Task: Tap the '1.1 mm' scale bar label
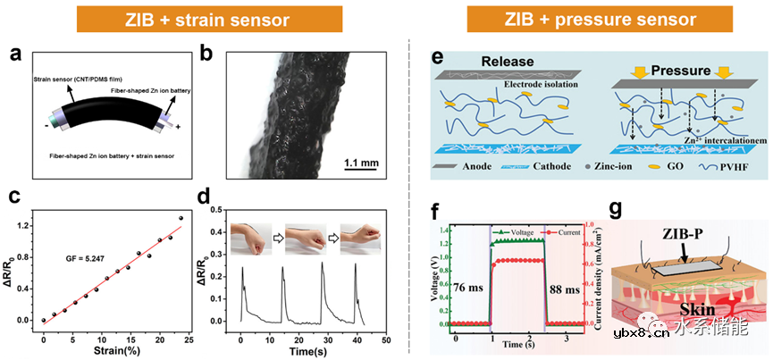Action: [358, 163]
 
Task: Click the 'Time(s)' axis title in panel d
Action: [300, 351]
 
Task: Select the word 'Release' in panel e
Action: [507, 63]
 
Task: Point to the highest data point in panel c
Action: [181, 218]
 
